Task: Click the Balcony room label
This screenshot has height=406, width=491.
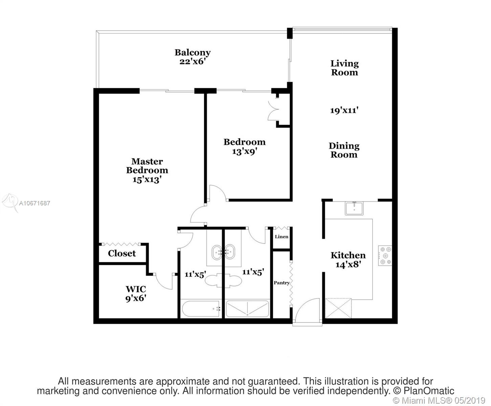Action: [192, 52]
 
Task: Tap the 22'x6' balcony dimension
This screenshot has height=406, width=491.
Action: [192, 62]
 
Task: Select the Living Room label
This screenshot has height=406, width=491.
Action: [344, 68]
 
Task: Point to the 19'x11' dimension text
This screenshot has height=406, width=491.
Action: [344, 110]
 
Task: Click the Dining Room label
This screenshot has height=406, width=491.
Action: [344, 150]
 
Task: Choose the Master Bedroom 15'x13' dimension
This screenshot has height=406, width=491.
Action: [147, 180]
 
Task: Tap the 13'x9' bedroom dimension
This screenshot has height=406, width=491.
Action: [245, 151]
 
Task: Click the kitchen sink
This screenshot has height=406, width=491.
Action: [354, 208]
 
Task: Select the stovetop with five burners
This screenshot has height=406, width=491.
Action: [385, 255]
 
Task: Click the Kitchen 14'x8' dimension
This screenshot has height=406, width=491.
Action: [348, 265]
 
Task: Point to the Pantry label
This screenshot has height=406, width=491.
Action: [282, 283]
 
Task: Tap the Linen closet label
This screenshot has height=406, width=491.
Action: [282, 236]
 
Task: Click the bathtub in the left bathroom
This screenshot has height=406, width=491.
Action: [201, 309]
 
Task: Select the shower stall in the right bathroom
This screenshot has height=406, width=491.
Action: [247, 309]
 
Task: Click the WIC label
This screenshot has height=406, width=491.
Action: [136, 289]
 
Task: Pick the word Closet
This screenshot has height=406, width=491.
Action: [122, 253]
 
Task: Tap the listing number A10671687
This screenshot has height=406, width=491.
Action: [34, 203]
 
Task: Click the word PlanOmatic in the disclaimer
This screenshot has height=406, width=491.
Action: [429, 391]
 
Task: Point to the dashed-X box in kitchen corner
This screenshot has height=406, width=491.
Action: [338, 308]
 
